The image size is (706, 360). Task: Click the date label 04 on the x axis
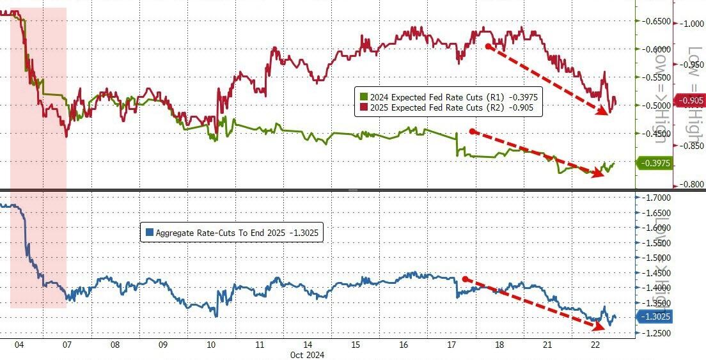(x=19, y=345)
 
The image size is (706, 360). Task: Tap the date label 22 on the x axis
(x=595, y=345)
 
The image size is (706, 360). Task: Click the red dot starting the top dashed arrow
(x=487, y=46)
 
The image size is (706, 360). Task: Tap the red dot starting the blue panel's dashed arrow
(x=465, y=279)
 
